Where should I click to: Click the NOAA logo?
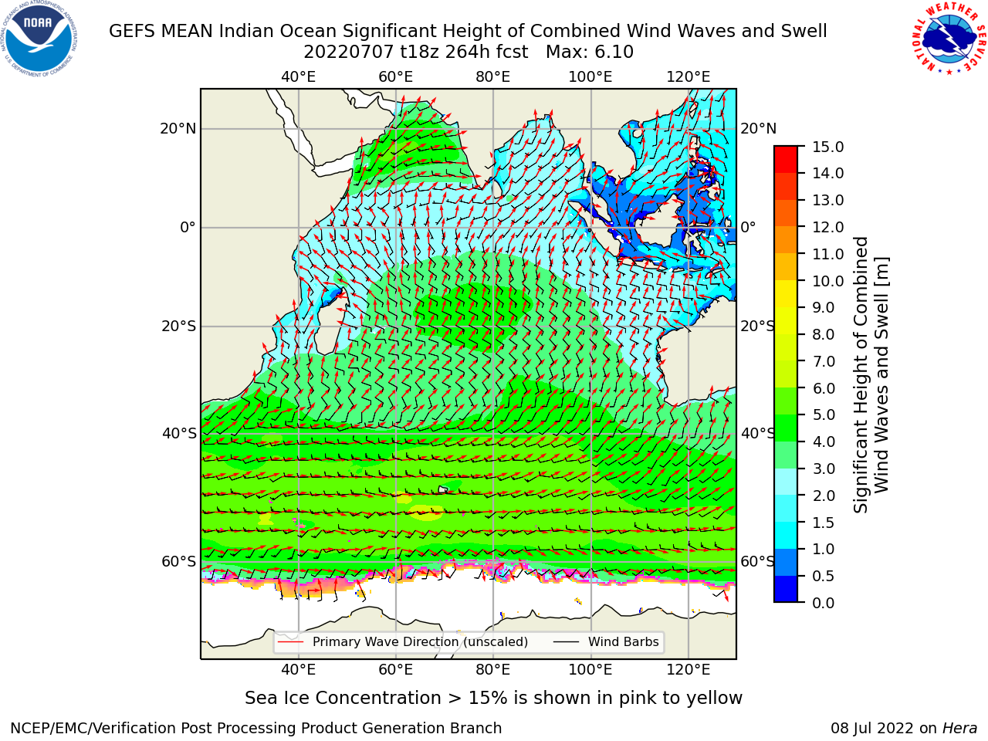39,39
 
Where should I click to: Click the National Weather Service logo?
949,39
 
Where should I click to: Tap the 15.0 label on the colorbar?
827,147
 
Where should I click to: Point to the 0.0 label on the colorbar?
824,603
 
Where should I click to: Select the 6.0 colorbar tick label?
824,388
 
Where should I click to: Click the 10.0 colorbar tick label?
827,281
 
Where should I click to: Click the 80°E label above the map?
493,77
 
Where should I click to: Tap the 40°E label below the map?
299,669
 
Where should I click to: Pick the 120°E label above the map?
689,77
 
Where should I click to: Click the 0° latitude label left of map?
188,227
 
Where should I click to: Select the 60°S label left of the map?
179,561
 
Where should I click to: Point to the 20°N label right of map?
759,129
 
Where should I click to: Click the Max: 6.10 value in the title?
590,52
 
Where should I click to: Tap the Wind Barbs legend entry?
606,641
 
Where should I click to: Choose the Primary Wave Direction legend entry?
403,641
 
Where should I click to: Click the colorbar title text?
871,375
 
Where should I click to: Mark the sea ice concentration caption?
493,699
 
